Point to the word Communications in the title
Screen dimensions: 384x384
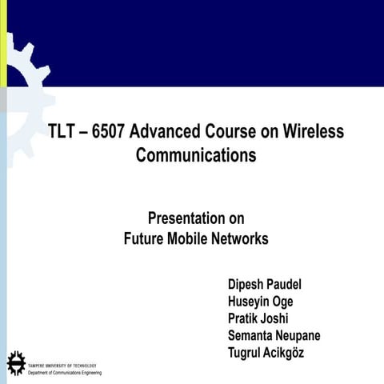[x=196, y=154]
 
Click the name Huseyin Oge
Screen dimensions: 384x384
[x=260, y=302]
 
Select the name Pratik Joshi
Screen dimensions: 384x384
[x=258, y=319]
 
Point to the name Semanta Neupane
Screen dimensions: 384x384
[x=274, y=336]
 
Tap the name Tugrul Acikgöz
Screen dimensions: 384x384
[x=266, y=353]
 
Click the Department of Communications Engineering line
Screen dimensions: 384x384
[x=65, y=372]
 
